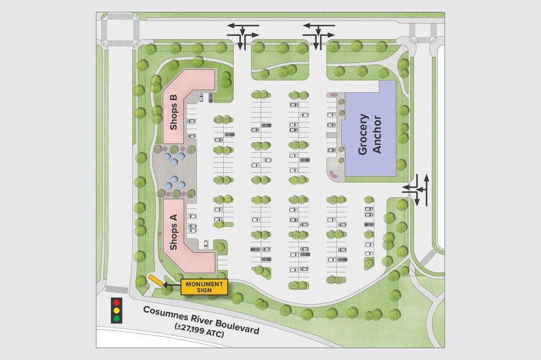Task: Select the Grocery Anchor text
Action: click(x=369, y=134)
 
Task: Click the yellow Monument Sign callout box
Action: click(x=204, y=287)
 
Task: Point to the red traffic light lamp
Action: click(x=116, y=303)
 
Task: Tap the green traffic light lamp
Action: click(x=116, y=318)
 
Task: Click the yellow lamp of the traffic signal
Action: click(x=116, y=311)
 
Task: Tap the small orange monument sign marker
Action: click(x=156, y=280)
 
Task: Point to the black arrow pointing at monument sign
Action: click(x=172, y=285)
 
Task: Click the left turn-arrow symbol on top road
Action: click(x=243, y=35)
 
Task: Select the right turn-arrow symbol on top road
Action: click(x=319, y=35)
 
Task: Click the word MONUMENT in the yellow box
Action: click(x=204, y=283)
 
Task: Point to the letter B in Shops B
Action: click(x=173, y=98)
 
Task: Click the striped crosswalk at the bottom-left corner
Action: click(x=116, y=289)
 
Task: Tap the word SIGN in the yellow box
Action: click(x=204, y=291)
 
